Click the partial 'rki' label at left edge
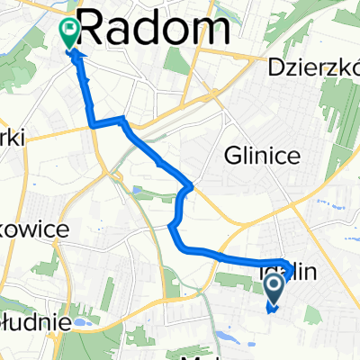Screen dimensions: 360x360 13,135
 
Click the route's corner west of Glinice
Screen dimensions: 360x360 189,188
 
